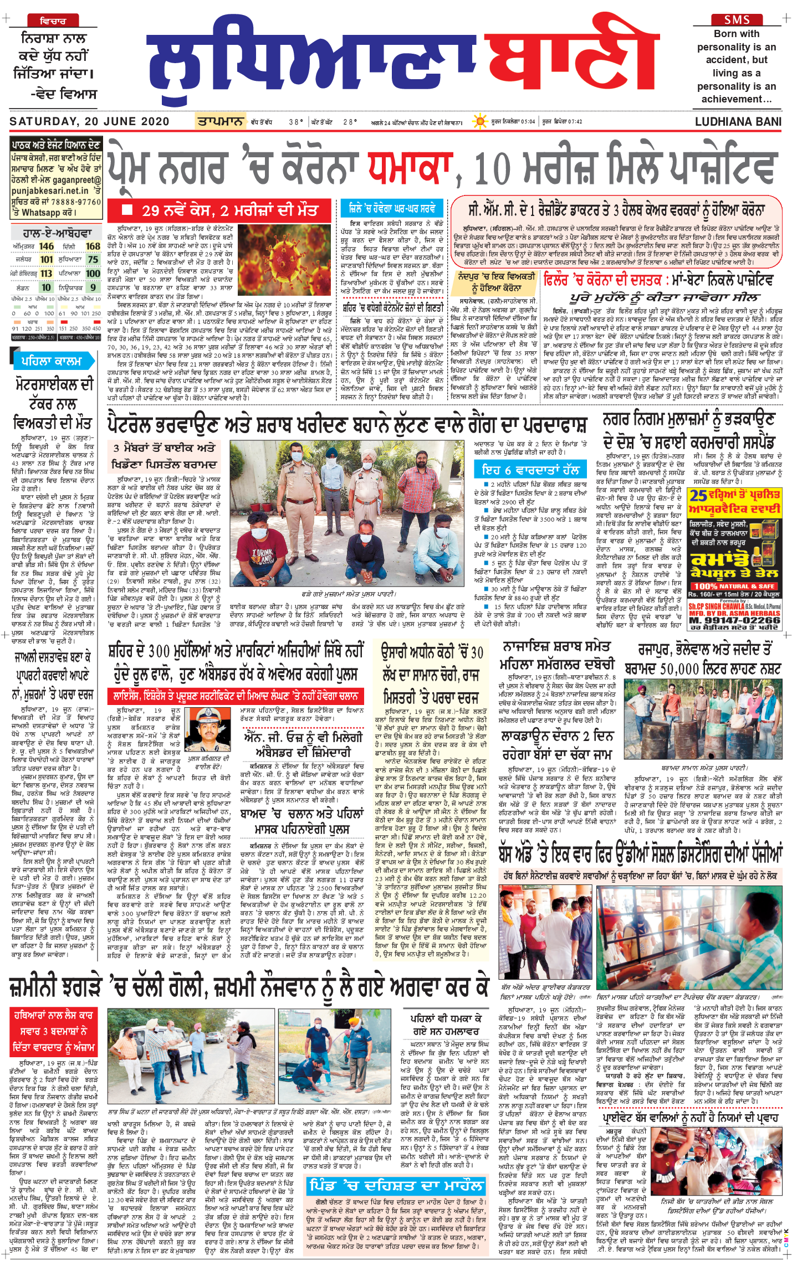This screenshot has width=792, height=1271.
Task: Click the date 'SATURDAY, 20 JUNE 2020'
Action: [x=89, y=121]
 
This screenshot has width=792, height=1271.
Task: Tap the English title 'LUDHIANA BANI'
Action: [x=738, y=122]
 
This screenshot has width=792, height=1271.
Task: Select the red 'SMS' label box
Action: [x=737, y=19]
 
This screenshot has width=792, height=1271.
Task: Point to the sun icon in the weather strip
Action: [x=479, y=121]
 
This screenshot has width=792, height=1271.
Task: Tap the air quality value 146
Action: [x=47, y=246]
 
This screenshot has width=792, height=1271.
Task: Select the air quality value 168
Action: [x=93, y=246]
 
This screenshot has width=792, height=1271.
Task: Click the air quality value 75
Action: [x=93, y=259]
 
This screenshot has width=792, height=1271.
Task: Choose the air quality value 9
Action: [x=93, y=287]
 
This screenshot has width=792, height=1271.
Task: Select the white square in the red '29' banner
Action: [x=127, y=210]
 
